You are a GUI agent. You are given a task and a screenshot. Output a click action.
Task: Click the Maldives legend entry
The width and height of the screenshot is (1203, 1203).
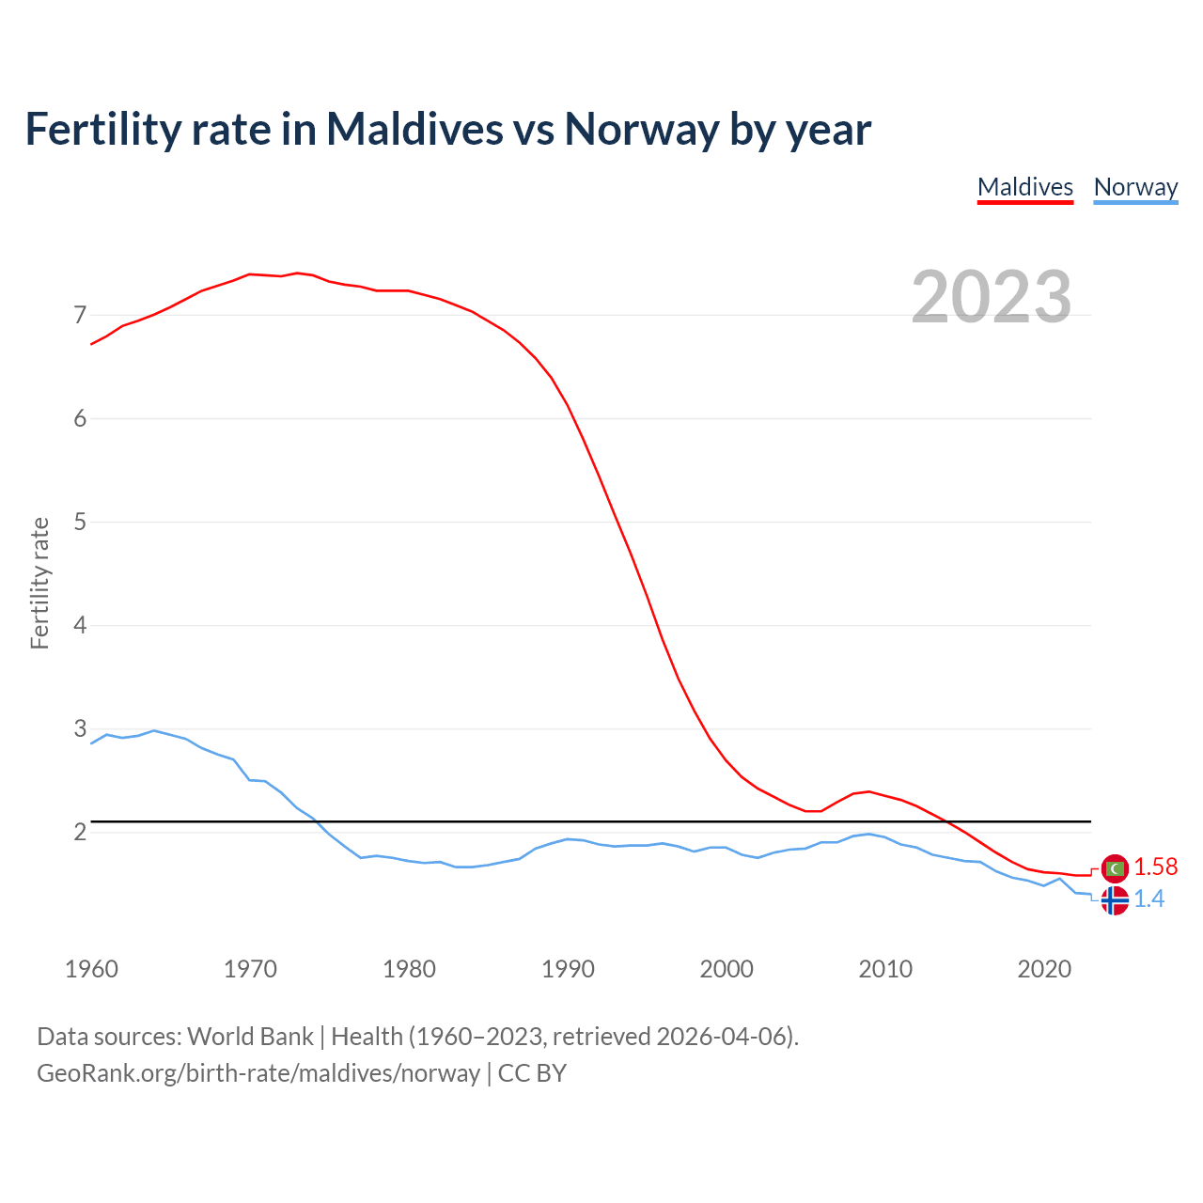(1025, 187)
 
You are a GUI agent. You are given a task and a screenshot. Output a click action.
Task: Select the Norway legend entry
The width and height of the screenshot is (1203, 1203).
(1135, 187)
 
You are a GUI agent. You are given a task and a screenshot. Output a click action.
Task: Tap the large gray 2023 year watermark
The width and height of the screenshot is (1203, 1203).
(992, 297)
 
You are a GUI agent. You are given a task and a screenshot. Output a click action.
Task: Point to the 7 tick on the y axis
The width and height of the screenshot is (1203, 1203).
(80, 315)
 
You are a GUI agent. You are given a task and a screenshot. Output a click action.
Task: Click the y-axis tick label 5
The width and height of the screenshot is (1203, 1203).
(80, 522)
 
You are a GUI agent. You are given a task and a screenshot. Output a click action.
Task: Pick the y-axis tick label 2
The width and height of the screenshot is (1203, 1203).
(80, 832)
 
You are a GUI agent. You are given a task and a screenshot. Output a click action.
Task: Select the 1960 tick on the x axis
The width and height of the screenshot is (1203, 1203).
(91, 969)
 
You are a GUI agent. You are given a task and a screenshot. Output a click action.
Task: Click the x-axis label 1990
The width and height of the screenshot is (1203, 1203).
(568, 969)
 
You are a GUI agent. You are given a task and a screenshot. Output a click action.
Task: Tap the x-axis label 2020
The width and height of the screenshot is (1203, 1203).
(1044, 969)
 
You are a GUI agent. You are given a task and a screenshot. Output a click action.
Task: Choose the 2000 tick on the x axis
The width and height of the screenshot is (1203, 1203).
(726, 969)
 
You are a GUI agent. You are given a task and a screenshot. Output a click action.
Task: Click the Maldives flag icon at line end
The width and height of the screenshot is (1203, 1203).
(1115, 868)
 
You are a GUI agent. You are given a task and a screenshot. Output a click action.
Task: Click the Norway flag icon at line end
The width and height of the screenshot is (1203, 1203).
(1115, 900)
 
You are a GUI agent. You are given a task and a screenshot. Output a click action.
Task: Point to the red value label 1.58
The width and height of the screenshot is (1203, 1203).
(1155, 867)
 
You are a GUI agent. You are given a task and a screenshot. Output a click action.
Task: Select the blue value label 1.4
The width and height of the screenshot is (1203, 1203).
(1148, 899)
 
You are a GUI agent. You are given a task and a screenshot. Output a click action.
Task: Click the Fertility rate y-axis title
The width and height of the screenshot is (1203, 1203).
(39, 583)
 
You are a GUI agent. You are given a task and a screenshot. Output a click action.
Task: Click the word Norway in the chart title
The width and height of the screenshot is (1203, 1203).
(641, 129)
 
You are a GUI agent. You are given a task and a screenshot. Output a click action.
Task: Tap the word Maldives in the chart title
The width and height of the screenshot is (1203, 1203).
(414, 129)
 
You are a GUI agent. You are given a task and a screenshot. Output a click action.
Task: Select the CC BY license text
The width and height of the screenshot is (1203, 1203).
(532, 1072)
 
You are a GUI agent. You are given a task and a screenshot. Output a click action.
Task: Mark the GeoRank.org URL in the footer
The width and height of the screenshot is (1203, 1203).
(258, 1072)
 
